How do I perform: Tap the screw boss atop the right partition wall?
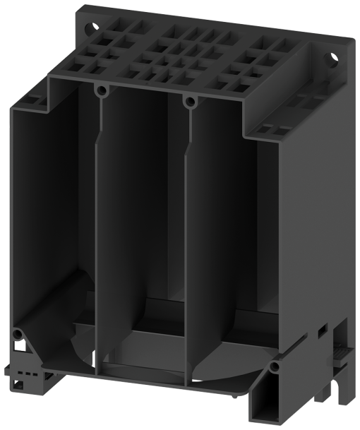point(188,101)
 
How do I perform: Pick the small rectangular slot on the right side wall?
point(321,330)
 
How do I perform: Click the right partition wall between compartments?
point(186,240)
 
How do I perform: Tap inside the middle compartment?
point(141,212)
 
